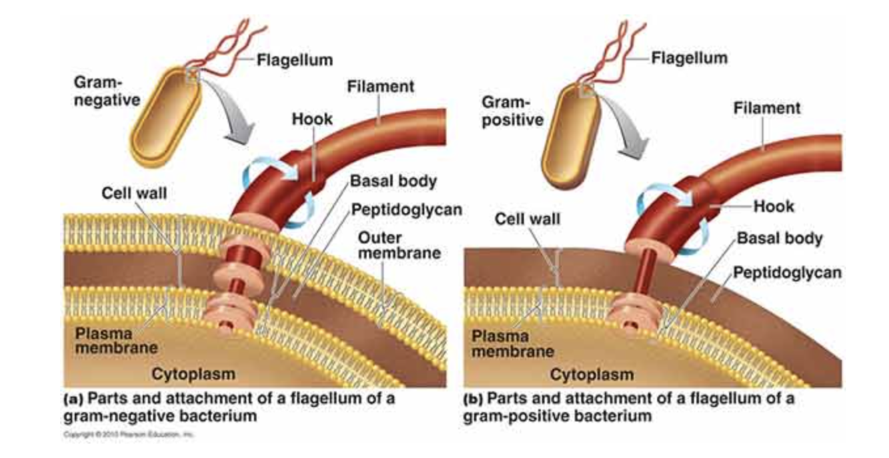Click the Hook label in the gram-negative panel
click(312, 120)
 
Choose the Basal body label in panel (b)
click(780, 238)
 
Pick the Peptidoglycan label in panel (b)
click(787, 272)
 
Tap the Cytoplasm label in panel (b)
click(592, 375)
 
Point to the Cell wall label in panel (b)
click(527, 218)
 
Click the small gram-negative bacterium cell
click(163, 120)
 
